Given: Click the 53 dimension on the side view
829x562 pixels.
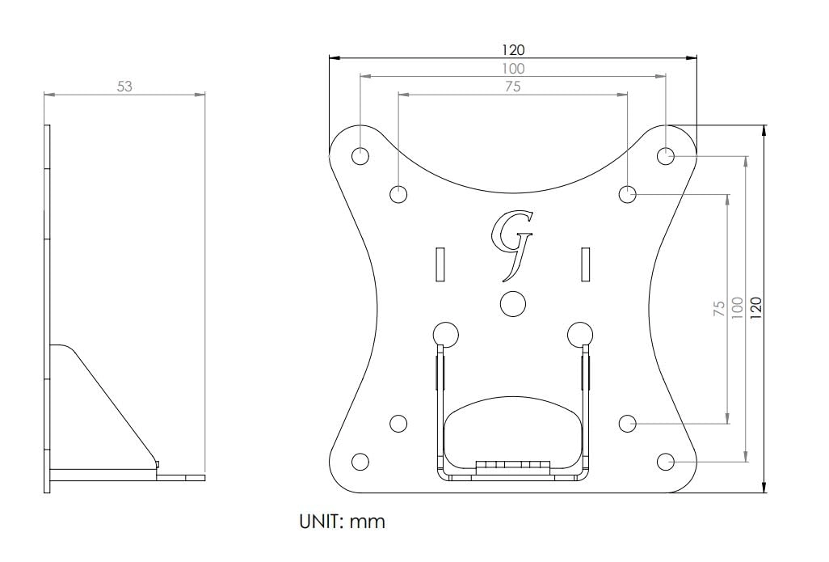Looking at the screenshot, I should pyautogui.click(x=124, y=87).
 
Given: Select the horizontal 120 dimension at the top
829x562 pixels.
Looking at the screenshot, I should pyautogui.click(x=512, y=50).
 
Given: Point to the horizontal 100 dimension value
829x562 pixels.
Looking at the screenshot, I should pyautogui.click(x=512, y=69).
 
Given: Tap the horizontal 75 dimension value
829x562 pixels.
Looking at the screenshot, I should pyautogui.click(x=512, y=87).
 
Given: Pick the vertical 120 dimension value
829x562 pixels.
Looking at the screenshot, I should pyautogui.click(x=755, y=308).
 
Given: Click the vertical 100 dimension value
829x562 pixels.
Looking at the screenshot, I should pyautogui.click(x=737, y=308).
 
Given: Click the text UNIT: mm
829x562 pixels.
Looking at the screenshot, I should pyautogui.click(x=343, y=522).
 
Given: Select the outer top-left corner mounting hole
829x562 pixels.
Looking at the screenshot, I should pyautogui.click(x=360, y=155).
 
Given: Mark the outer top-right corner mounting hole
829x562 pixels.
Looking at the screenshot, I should pyautogui.click(x=665, y=155).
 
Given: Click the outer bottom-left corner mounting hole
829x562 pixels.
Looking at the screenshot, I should pyautogui.click(x=360, y=461).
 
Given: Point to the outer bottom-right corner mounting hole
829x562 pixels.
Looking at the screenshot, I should pyautogui.click(x=665, y=461).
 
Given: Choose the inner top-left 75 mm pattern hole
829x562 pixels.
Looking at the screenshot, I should pyautogui.click(x=398, y=194).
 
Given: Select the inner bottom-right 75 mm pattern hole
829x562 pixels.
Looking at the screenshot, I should pyautogui.click(x=627, y=423).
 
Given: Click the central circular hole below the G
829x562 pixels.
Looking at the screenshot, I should pyautogui.click(x=512, y=302).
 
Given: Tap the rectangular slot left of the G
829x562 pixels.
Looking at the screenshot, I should pyautogui.click(x=440, y=264).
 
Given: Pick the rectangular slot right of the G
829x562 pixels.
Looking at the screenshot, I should pyautogui.click(x=585, y=264).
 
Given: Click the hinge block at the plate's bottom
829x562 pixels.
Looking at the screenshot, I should pyautogui.click(x=512, y=468).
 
